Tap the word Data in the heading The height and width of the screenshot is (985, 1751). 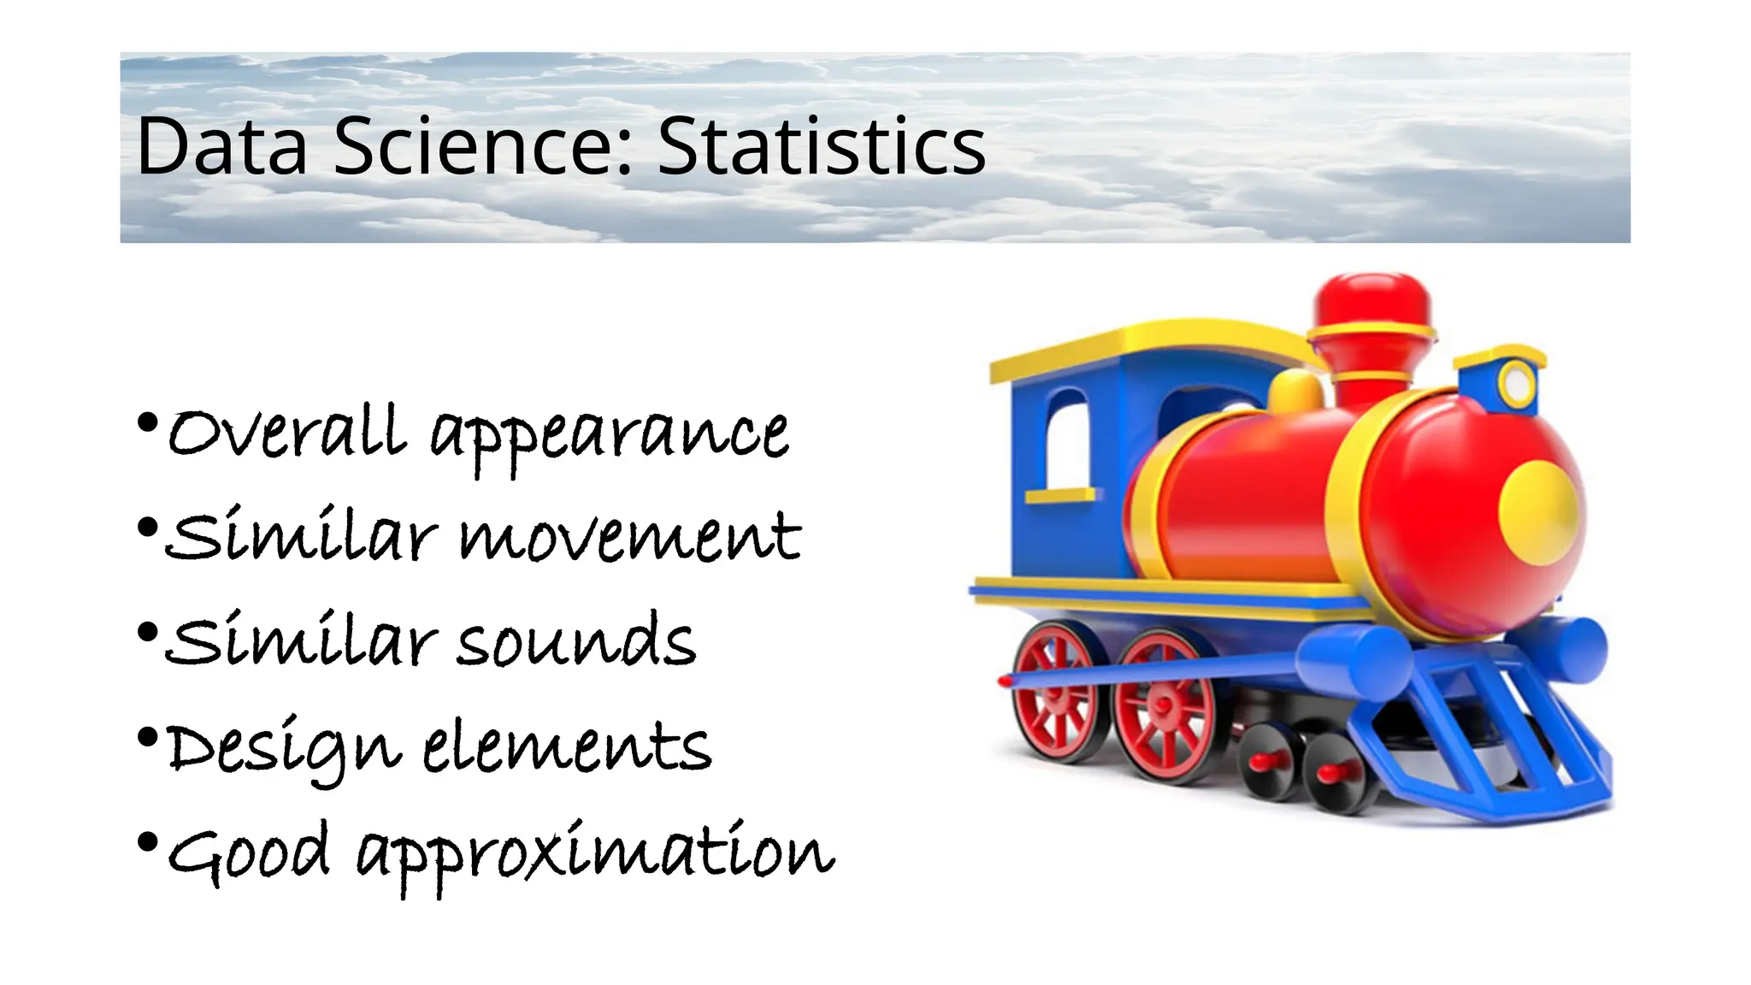click(x=221, y=147)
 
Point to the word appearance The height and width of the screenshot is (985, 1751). click(x=609, y=436)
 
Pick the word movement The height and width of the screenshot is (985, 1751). click(x=630, y=539)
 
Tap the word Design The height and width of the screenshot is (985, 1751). click(x=283, y=749)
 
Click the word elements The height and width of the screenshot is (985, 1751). click(x=567, y=746)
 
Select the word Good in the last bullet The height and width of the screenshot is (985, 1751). click(x=249, y=852)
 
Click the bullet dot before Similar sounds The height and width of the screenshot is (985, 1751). click(x=147, y=633)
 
